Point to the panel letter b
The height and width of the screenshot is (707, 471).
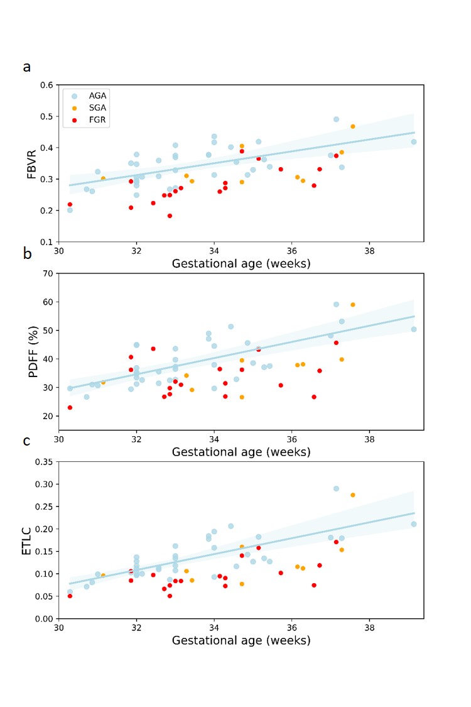pos(27,255)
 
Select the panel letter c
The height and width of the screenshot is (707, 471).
pos(26,441)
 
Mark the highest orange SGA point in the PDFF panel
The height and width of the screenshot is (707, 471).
pos(353,305)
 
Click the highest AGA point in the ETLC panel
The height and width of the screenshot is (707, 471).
pos(336,488)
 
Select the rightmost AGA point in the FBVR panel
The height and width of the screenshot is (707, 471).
pos(414,141)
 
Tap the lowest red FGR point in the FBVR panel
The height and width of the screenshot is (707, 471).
pos(170,216)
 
